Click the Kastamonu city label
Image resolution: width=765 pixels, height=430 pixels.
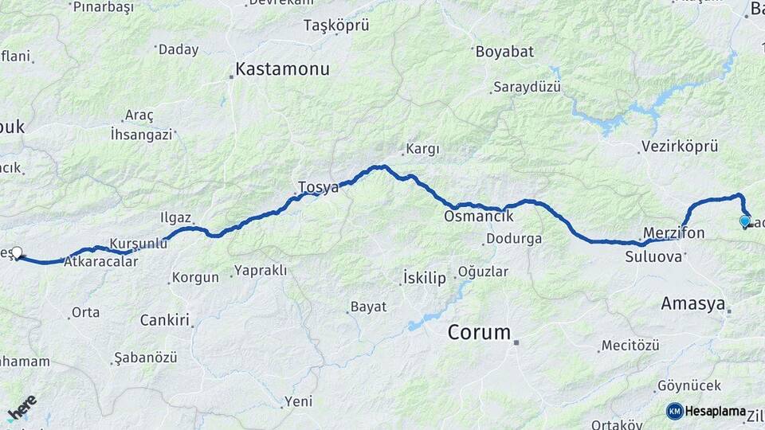tap(282, 69)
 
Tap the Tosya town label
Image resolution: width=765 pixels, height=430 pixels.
tap(318, 187)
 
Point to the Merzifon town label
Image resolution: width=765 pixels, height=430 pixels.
tap(674, 233)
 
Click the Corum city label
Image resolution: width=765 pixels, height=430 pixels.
tap(479, 332)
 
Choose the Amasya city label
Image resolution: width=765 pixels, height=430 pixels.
tap(693, 303)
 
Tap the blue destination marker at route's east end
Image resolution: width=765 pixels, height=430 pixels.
tap(744, 221)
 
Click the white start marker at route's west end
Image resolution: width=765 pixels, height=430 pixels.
tap(17, 253)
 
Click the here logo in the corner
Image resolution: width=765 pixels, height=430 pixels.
tap(22, 407)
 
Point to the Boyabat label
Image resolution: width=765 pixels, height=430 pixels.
tap(504, 52)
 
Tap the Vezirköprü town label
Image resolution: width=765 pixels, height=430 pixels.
tap(679, 147)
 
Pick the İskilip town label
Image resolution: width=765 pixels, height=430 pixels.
tap(424, 278)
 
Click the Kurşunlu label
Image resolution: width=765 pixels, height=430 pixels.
tap(138, 243)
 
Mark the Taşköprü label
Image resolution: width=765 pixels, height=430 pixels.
tap(336, 25)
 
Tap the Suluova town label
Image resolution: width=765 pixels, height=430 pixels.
tap(653, 256)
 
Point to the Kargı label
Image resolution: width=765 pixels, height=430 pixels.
tap(422, 149)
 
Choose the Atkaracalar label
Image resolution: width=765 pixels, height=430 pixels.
tap(100, 260)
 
